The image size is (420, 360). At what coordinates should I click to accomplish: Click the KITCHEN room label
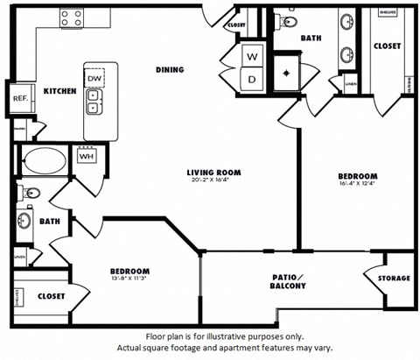click(59, 90)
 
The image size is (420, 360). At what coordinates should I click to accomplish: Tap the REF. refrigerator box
click(19, 99)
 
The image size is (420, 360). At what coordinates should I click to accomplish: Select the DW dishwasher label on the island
click(94, 78)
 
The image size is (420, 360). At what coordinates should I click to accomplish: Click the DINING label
click(169, 70)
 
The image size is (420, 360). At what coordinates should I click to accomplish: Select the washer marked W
click(253, 56)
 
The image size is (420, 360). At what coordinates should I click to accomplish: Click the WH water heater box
click(87, 158)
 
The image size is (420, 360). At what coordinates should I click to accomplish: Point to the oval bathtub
click(43, 162)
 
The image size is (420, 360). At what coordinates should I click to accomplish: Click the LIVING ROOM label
click(213, 173)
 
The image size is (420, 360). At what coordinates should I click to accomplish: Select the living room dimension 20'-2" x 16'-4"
click(213, 181)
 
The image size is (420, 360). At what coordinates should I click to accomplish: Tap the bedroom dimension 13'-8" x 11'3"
click(129, 280)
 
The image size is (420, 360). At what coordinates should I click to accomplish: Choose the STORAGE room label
click(394, 278)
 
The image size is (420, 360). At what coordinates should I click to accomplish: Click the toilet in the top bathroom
click(291, 20)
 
